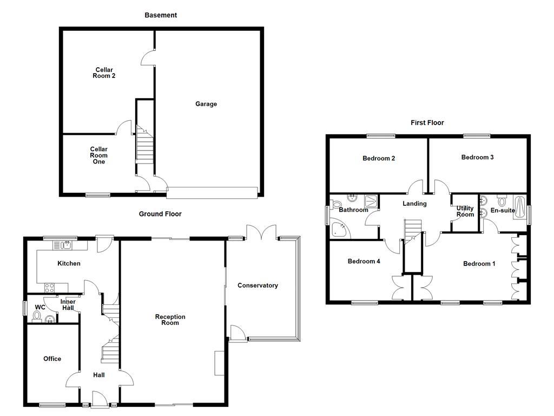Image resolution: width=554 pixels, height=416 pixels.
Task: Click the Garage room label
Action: tap(206, 104)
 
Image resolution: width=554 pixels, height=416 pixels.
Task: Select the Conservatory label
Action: tap(258, 285)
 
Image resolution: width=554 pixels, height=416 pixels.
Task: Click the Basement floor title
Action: tap(161, 15)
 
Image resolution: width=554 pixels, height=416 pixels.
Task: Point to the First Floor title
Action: tap(427, 123)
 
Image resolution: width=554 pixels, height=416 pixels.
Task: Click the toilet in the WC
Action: tap(37, 316)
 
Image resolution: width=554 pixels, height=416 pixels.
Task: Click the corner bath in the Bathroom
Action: tap(340, 229)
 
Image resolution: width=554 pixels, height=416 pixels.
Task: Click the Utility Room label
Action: tap(465, 211)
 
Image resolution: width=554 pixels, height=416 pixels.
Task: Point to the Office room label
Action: tap(52, 359)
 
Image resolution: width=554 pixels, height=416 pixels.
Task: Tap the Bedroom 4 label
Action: tap(364, 262)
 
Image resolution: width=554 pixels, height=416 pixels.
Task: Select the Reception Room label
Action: tap(170, 320)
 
